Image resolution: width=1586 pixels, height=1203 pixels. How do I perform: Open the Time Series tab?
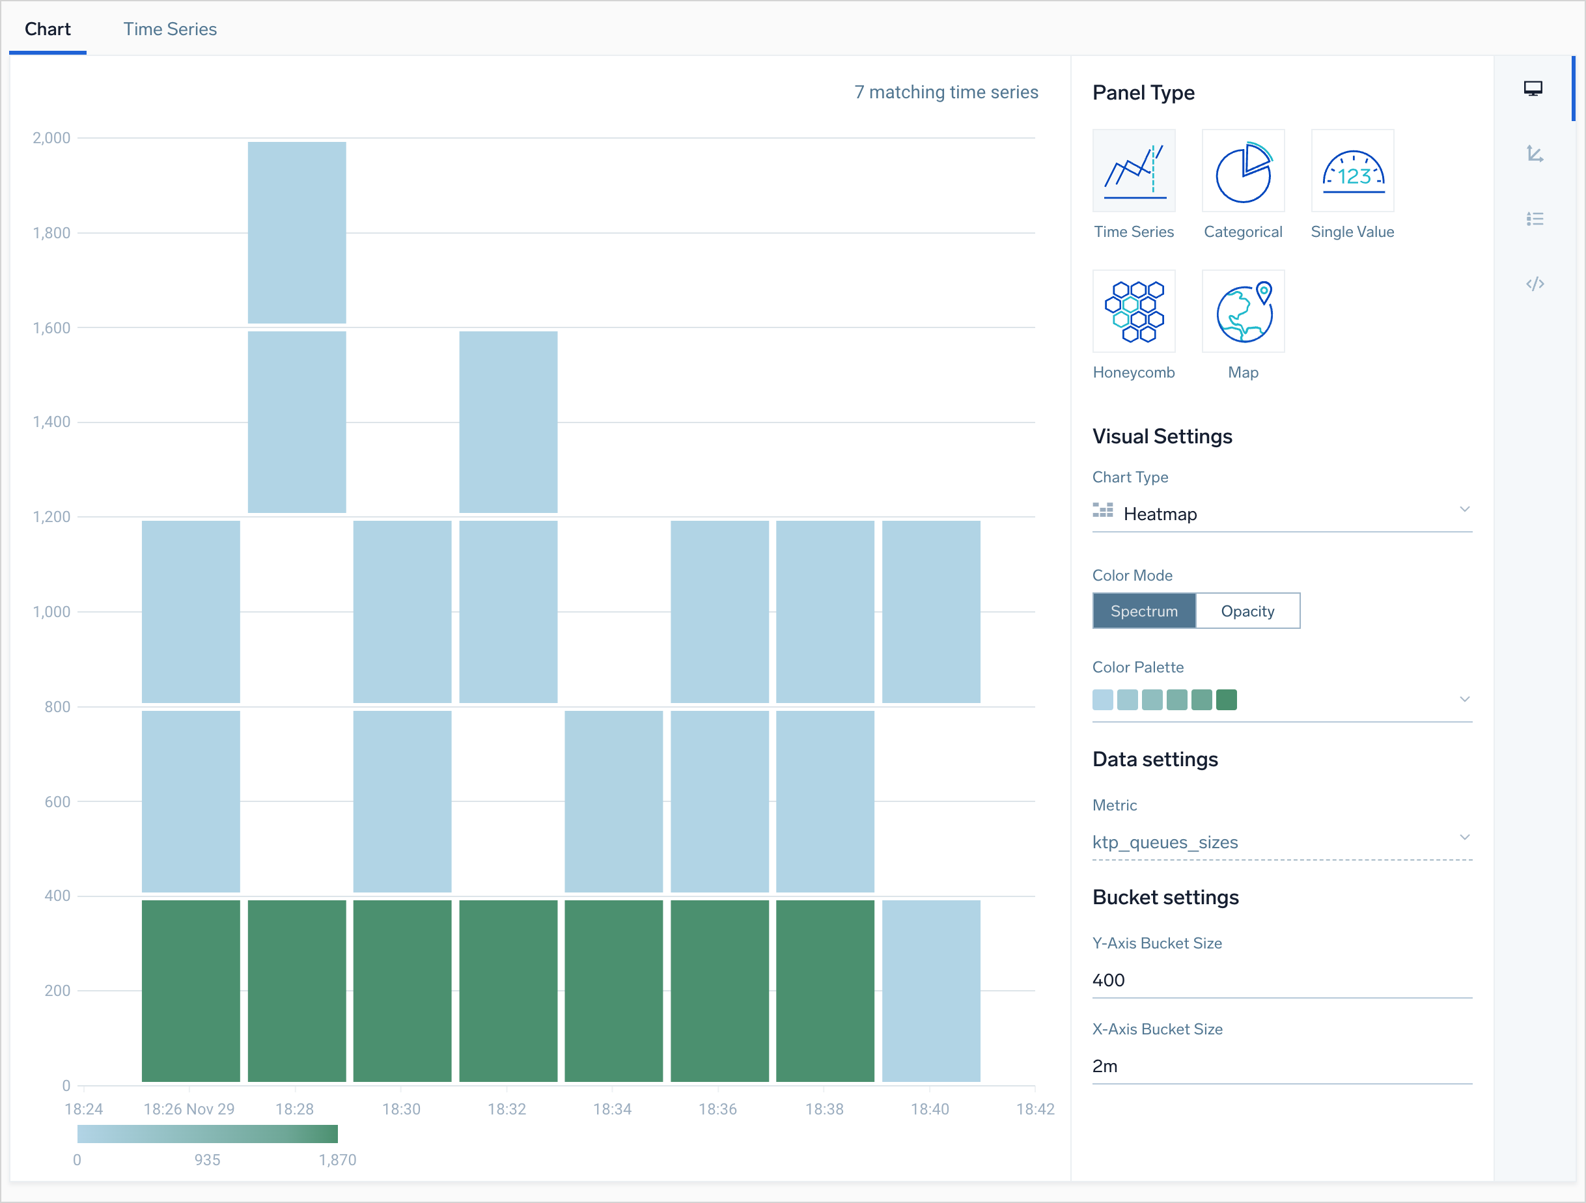169,29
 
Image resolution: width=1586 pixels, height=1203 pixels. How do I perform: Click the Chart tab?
48,29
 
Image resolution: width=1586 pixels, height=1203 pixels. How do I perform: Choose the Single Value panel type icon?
1352,171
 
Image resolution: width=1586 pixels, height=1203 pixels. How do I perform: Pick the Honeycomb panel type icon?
1134,311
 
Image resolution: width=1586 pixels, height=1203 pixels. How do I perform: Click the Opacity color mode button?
1247,611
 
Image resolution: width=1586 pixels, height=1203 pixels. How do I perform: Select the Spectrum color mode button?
1144,611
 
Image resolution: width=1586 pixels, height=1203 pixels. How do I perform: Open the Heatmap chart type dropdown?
1281,514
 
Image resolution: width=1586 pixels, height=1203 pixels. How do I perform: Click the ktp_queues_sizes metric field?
1281,842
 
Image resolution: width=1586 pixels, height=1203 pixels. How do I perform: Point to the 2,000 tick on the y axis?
51,137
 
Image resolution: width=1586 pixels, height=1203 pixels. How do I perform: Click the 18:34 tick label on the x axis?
612,1109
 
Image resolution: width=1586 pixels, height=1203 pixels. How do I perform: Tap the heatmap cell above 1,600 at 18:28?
297,232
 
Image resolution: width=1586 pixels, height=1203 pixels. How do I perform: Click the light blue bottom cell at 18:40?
930,991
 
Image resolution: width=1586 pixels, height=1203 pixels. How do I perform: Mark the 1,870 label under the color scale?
337,1160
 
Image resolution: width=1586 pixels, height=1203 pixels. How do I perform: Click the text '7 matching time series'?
946,92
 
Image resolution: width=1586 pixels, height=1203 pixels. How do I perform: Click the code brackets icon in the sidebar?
1535,284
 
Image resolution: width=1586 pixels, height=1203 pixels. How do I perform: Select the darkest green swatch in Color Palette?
1226,699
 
